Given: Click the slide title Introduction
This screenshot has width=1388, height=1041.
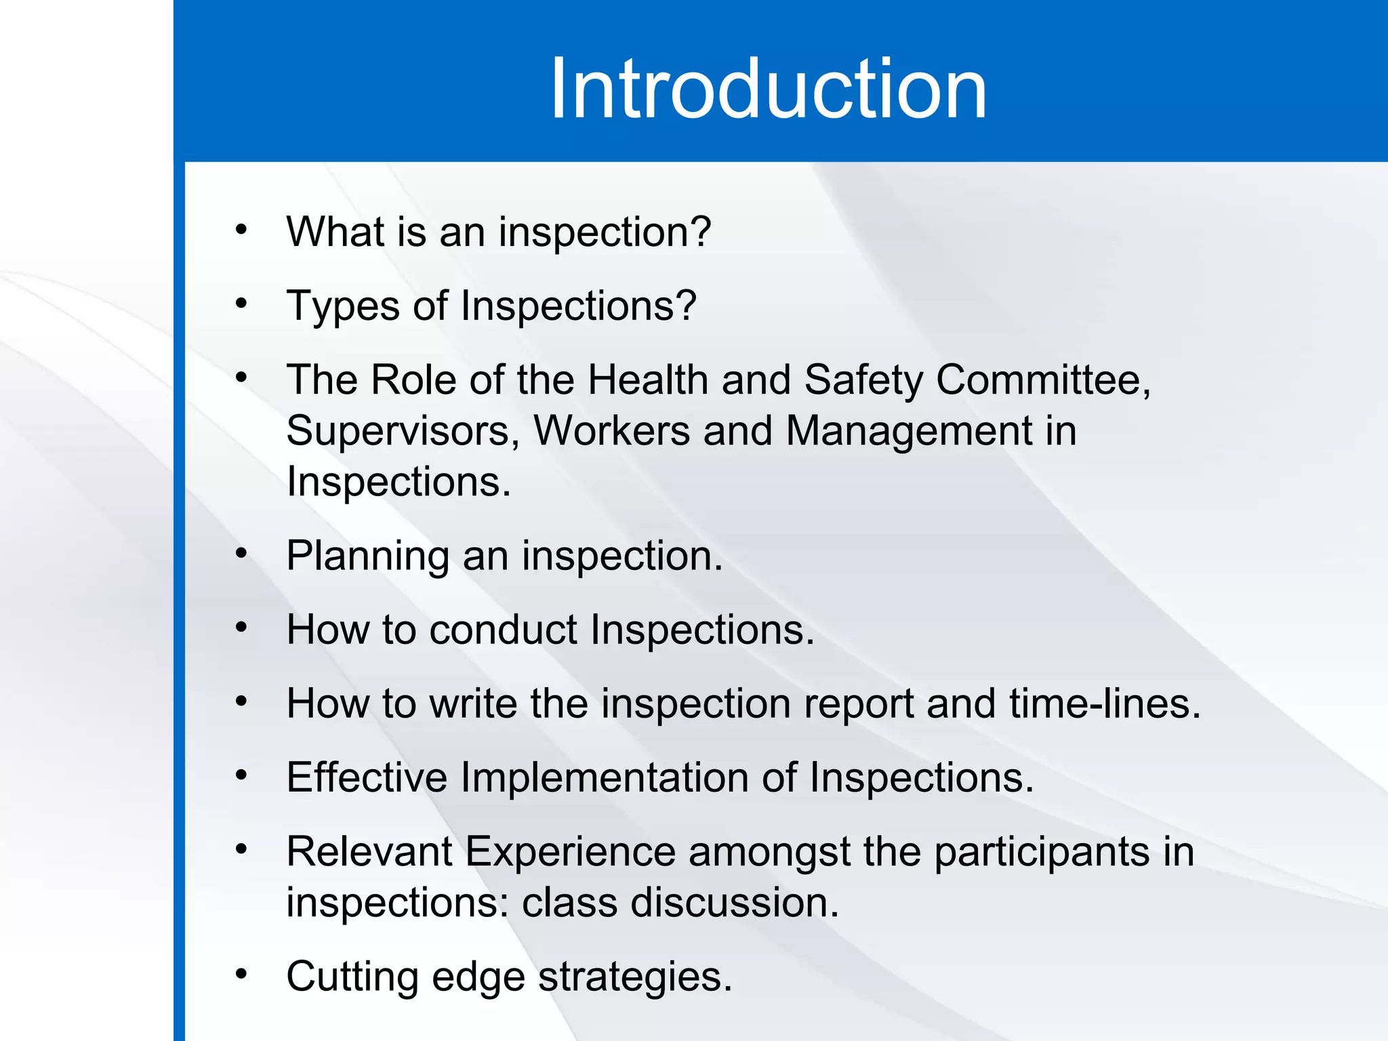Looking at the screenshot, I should (x=768, y=89).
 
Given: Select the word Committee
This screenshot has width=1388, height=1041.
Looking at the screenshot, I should (x=1042, y=380).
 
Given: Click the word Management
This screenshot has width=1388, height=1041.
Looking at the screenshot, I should (x=910, y=431).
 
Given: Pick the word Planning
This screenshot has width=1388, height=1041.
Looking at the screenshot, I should (x=367, y=557).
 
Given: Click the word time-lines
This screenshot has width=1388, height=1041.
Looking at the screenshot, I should (x=1104, y=703).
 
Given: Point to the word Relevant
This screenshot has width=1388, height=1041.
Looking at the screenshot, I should (x=369, y=851).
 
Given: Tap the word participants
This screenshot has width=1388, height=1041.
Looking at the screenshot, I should (x=1042, y=853).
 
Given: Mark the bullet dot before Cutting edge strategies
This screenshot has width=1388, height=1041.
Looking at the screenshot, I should (x=241, y=975).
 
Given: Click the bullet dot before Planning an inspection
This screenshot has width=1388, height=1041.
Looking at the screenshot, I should (x=241, y=554).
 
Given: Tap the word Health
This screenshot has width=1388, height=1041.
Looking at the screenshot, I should (x=647, y=380).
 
